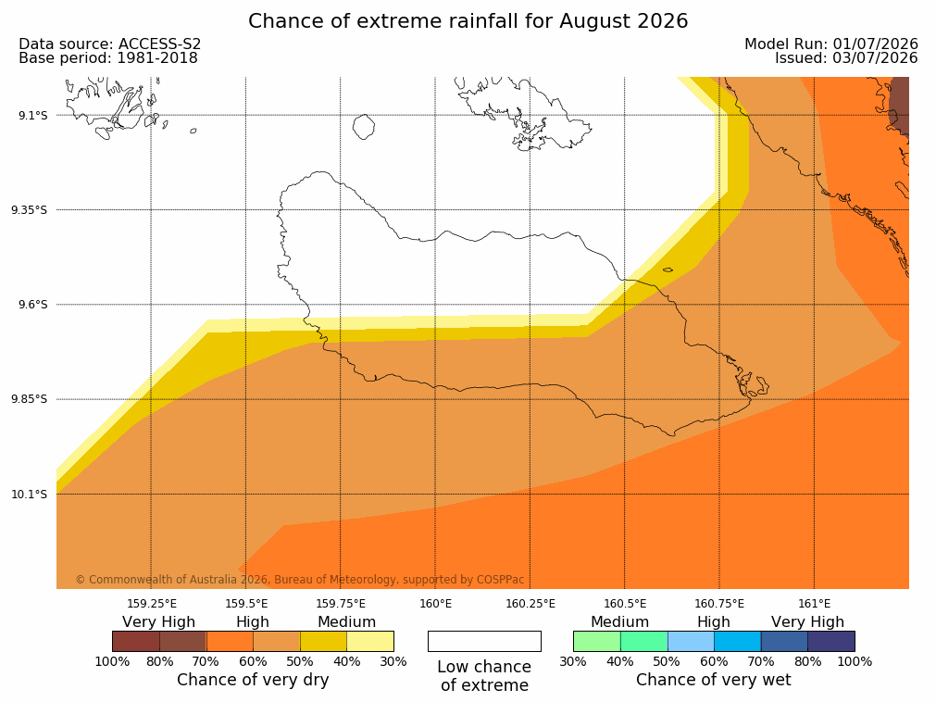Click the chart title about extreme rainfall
pyautogui.click(x=468, y=21)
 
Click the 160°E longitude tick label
pyautogui.click(x=436, y=604)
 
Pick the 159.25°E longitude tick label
pyautogui.click(x=152, y=604)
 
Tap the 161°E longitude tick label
pyautogui.click(x=814, y=604)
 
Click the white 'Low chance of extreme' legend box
pyautogui.click(x=485, y=641)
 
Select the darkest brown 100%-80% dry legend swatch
pyautogui.click(x=136, y=641)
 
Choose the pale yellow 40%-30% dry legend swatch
pyautogui.click(x=370, y=641)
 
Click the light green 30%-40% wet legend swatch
pyautogui.click(x=597, y=641)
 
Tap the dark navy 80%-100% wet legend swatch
pyautogui.click(x=831, y=641)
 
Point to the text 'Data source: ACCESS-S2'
pyautogui.click(x=110, y=44)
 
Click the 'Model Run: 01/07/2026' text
pyautogui.click(x=831, y=44)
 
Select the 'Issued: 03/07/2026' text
pyautogui.click(x=846, y=58)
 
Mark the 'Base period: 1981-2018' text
pyautogui.click(x=108, y=58)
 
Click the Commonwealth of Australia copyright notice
pyautogui.click(x=300, y=580)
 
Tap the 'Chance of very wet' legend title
pyautogui.click(x=714, y=680)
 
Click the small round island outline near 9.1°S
pyautogui.click(x=364, y=127)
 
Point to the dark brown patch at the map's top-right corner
pyautogui.click(x=900, y=107)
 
